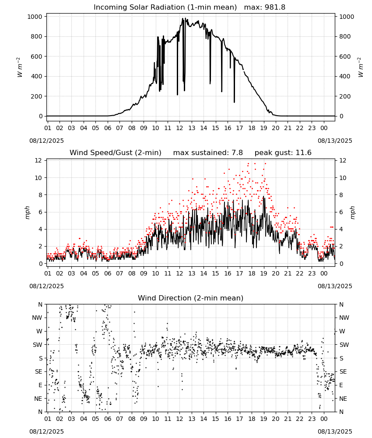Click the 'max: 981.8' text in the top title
pos(265,7)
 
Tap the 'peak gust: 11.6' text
pos(283,153)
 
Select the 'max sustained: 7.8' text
pos(208,153)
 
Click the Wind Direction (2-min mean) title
pos(191,298)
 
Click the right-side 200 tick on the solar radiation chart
pos(345,96)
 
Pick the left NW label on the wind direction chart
pos(37,318)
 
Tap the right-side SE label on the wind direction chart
pos(343,372)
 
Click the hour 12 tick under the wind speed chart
pos(179,273)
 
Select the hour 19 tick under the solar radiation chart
pos(263,128)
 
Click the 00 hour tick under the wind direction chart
pos(324,419)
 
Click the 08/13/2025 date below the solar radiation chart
pos(335,141)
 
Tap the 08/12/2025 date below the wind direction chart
pos(46,431)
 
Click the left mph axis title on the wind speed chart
pos(27,212)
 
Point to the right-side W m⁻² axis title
pos(360,67)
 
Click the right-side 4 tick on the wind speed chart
pos(341,230)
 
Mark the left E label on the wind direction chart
pos(40,385)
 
